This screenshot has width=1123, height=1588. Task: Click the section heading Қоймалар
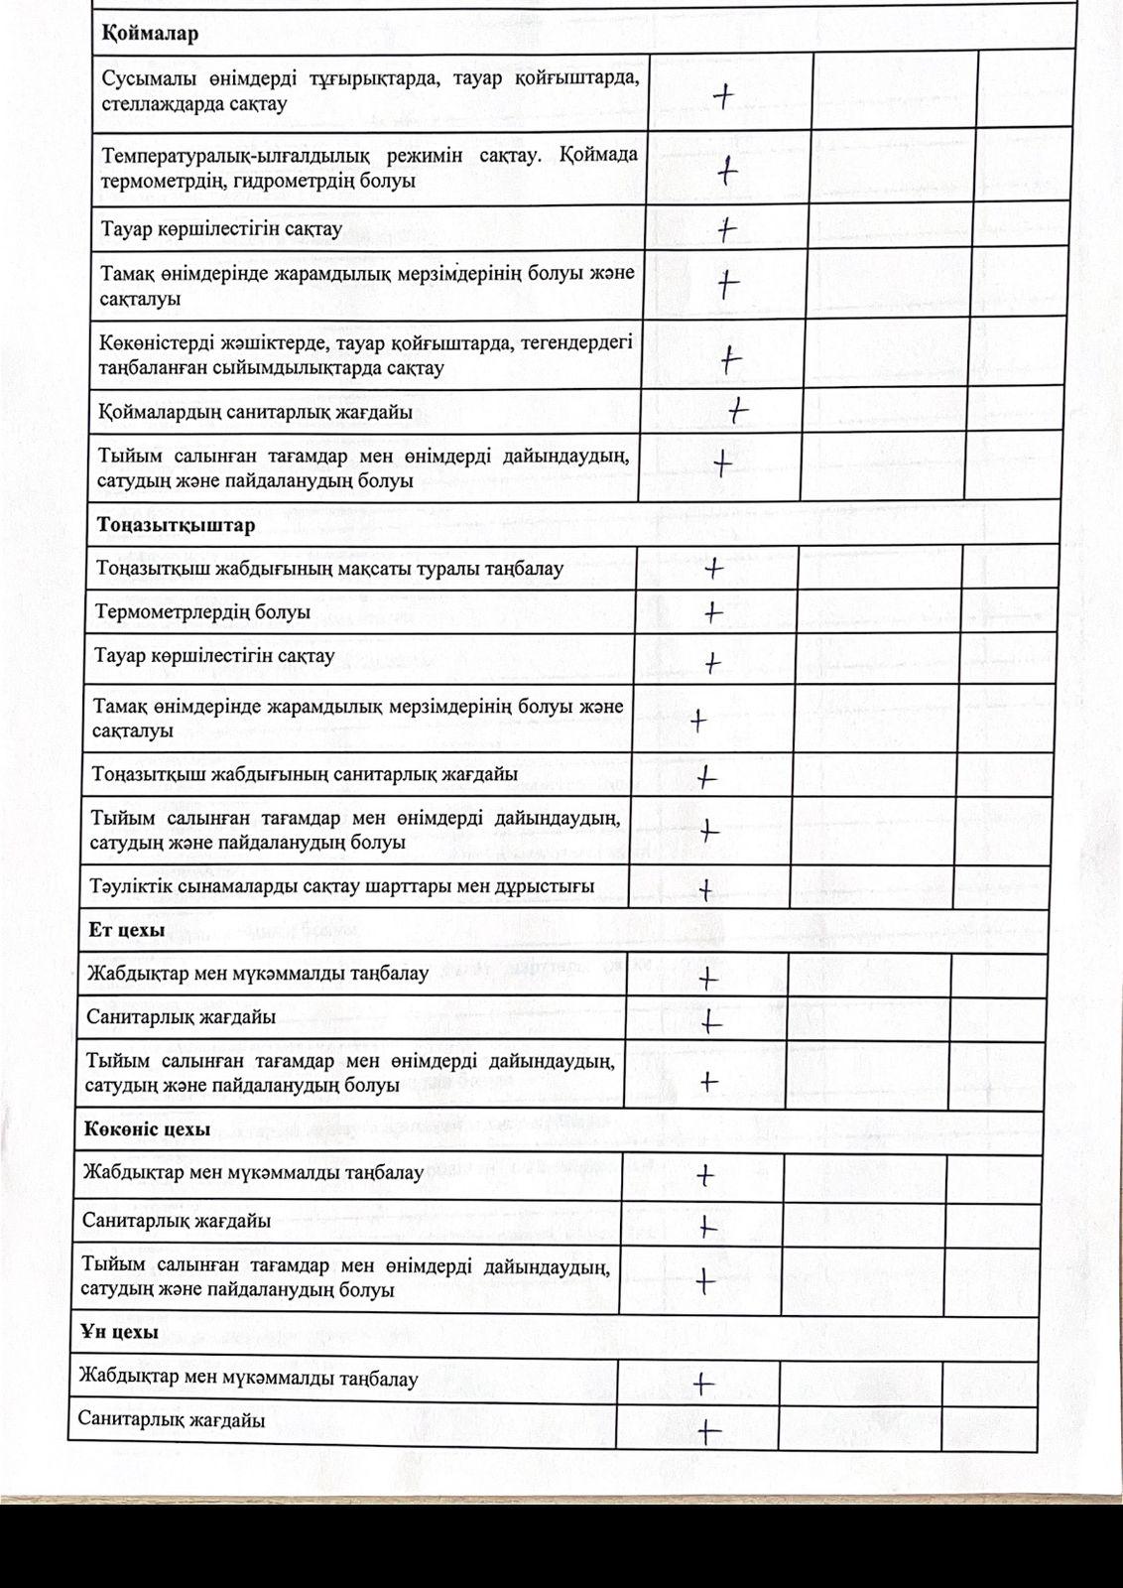(150, 33)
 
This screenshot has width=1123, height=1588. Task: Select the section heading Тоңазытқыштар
(176, 524)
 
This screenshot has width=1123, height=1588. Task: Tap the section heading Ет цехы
(125, 930)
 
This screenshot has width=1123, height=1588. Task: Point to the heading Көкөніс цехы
(147, 1129)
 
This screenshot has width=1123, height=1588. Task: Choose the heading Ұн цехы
(119, 1332)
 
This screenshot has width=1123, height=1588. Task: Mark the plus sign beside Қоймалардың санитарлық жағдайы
(738, 409)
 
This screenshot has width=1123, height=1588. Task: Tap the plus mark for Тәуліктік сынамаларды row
(705, 889)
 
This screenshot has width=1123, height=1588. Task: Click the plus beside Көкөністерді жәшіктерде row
(731, 359)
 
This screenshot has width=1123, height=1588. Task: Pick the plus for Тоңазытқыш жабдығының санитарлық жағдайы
(706, 777)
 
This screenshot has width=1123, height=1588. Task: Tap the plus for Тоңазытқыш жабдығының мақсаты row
(713, 569)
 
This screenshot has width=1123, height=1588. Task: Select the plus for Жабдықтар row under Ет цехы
(707, 979)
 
